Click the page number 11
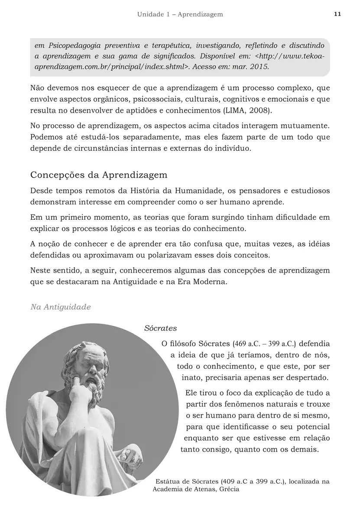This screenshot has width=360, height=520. point(337,14)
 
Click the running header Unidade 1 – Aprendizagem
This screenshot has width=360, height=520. point(180,14)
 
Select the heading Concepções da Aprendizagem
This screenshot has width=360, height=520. point(99,175)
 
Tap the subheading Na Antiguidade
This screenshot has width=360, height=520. point(61,307)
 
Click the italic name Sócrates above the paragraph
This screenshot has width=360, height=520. point(160,328)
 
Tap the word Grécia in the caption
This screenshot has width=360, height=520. point(229,489)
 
